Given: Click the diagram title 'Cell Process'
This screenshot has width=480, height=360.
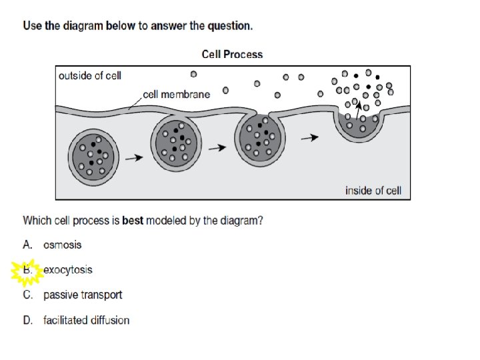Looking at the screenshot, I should [232, 55].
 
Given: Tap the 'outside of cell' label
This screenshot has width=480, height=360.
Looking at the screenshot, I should [90, 75].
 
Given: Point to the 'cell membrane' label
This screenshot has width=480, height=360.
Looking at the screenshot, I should [177, 94].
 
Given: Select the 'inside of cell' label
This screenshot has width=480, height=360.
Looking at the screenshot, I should [373, 191].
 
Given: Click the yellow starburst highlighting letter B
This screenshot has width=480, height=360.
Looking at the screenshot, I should [27, 271].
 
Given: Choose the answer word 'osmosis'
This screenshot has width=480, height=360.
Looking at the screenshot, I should [63, 245].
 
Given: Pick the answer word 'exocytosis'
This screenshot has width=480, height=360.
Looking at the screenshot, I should [68, 270].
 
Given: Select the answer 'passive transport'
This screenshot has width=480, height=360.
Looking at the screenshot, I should [83, 295].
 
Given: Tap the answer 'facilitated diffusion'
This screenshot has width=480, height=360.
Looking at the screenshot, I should [86, 320].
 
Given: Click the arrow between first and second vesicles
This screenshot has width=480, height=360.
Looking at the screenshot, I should [134, 158].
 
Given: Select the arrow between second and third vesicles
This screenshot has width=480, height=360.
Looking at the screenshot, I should [218, 148].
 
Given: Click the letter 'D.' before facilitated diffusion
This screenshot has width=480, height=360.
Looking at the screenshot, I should [28, 320].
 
